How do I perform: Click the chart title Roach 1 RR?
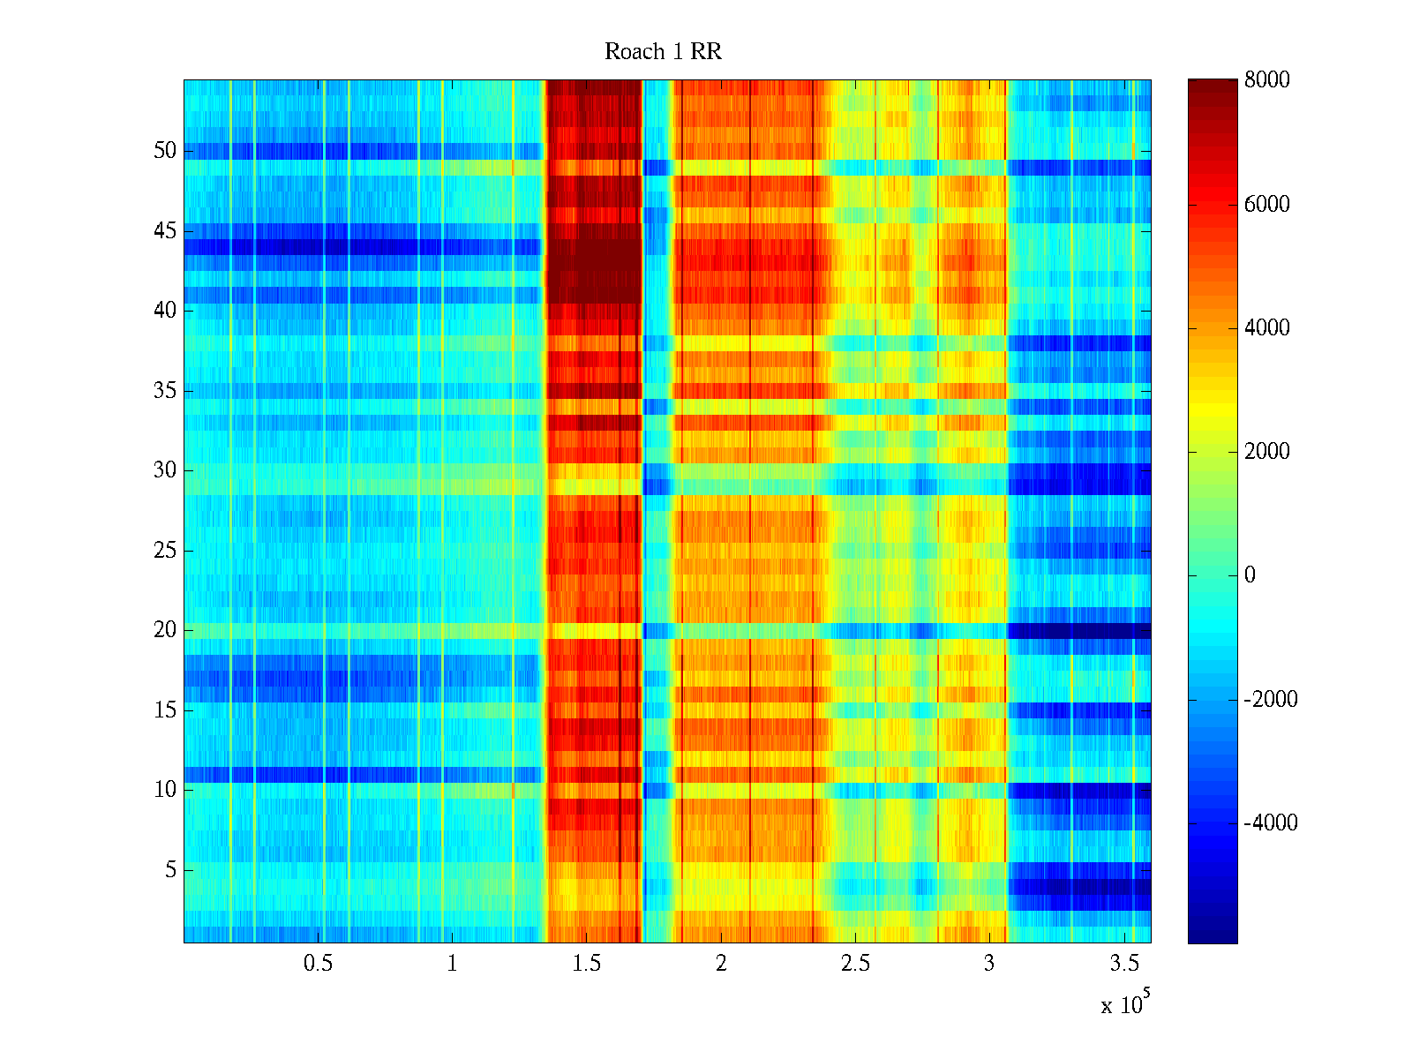coord(663,52)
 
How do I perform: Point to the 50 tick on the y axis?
coord(165,151)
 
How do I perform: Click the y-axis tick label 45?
coord(165,231)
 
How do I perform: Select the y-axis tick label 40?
coord(165,311)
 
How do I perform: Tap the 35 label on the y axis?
coord(165,391)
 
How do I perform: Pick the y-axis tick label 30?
coord(165,470)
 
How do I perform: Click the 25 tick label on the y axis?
coord(165,551)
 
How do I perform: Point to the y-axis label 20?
coord(165,630)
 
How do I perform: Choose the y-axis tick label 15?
coord(165,710)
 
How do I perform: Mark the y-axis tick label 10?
coord(165,790)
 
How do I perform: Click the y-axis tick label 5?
coord(169,870)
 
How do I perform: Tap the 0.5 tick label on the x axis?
coord(318,964)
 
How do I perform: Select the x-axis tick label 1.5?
coord(587,964)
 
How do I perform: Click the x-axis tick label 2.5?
coord(855,964)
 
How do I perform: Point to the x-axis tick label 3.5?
coord(1124,964)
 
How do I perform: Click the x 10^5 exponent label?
coord(1125,1003)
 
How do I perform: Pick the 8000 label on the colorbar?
coord(1267,80)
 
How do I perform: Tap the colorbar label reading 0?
coord(1250,575)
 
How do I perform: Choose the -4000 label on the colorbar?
coord(1271,823)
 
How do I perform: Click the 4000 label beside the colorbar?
coord(1267,328)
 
